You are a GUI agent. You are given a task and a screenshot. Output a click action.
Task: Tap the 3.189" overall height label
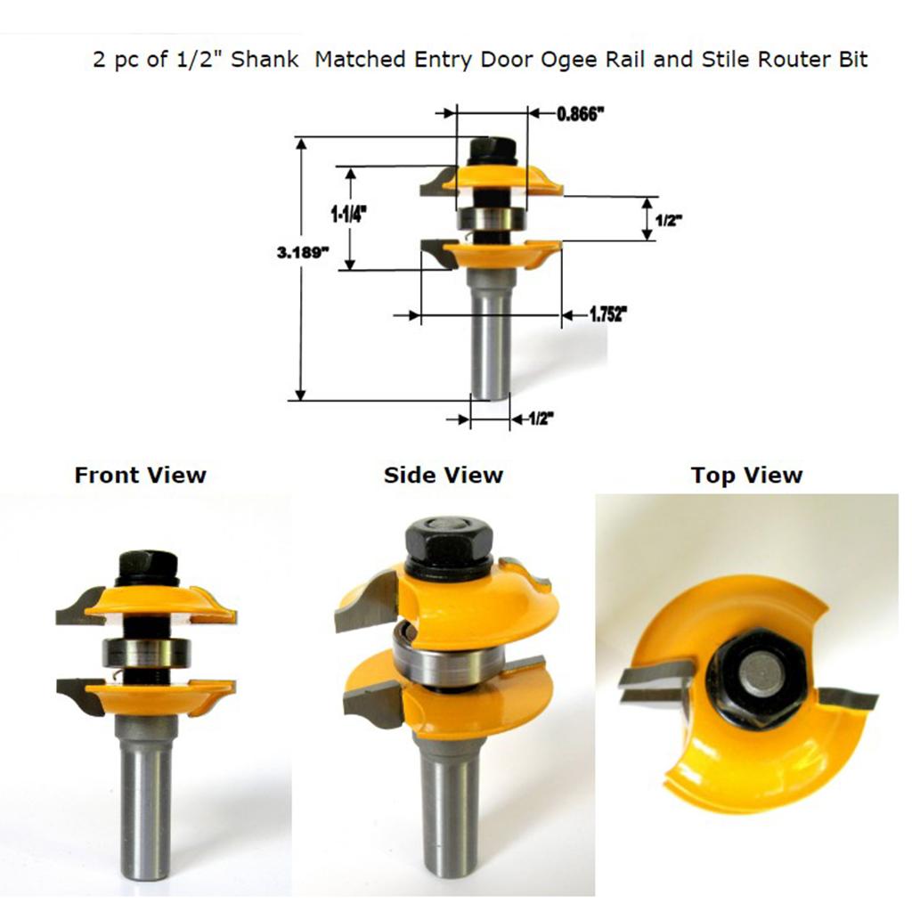[303, 252]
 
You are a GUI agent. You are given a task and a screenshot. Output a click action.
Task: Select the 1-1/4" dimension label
[349, 216]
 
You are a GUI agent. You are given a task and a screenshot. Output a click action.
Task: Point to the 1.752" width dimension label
[609, 314]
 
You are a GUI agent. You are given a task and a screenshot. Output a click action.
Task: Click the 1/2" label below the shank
[541, 419]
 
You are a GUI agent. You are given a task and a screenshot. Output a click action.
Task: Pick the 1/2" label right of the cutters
[668, 221]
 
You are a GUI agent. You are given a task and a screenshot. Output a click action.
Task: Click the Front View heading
[140, 476]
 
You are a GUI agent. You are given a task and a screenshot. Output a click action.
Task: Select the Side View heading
[444, 476]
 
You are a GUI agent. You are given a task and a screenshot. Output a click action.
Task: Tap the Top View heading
[747, 476]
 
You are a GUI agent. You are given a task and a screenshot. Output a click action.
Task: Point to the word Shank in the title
[265, 60]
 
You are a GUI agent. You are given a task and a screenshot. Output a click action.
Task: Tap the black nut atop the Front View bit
[147, 568]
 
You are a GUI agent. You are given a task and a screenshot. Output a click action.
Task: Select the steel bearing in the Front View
[147, 653]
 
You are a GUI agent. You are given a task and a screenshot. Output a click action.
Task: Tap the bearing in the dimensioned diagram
[492, 219]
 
